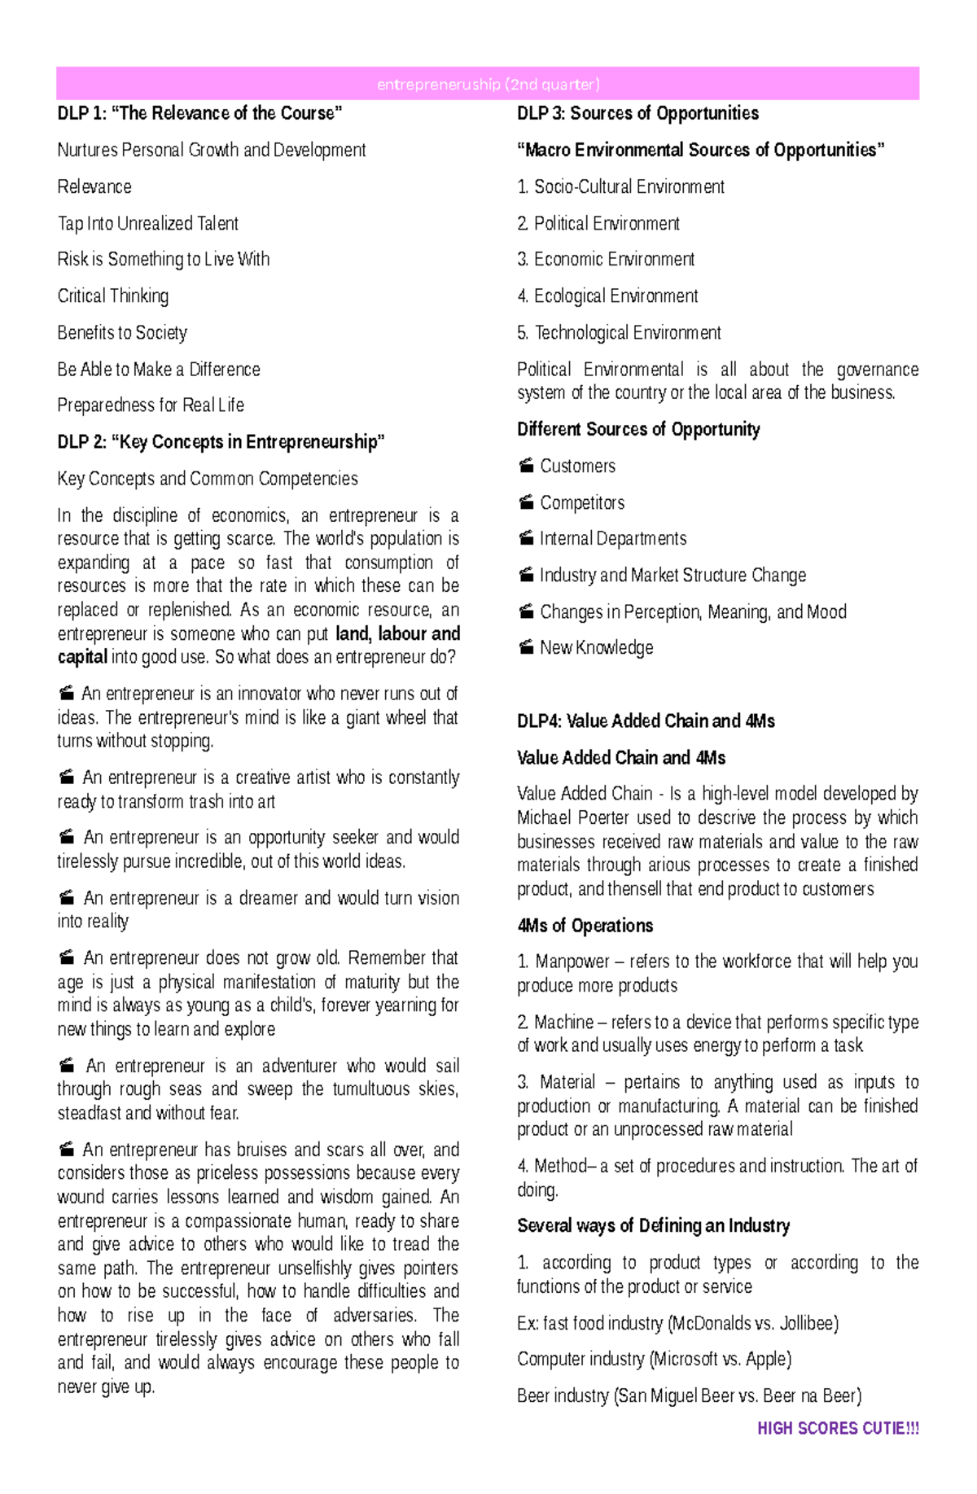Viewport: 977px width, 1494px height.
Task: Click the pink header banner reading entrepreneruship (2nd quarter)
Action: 488,84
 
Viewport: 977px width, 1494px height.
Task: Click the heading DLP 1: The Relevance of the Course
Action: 199,113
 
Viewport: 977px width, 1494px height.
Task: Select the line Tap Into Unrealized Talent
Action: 147,223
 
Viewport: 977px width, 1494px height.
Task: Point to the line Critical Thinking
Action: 112,296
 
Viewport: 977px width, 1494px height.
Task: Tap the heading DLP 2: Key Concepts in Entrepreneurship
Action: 221,442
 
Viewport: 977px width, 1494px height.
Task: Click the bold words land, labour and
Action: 397,633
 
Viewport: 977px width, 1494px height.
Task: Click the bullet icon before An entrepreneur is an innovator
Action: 67,693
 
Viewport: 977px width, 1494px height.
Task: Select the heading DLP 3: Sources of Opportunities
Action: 637,113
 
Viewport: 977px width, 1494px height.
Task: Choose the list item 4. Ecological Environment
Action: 607,296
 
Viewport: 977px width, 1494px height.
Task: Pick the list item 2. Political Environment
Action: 598,223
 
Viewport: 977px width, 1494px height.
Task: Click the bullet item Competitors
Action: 582,503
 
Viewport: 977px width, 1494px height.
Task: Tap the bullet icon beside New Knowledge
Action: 527,647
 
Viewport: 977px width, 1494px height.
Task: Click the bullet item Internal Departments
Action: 613,539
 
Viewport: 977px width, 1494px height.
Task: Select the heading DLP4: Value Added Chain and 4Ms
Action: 646,721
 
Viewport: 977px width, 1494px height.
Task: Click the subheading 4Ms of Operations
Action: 585,926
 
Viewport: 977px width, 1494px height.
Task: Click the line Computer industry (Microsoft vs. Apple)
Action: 654,1359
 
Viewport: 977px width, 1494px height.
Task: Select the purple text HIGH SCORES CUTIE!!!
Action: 838,1428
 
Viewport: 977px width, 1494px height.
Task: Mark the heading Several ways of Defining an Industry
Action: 653,1226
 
